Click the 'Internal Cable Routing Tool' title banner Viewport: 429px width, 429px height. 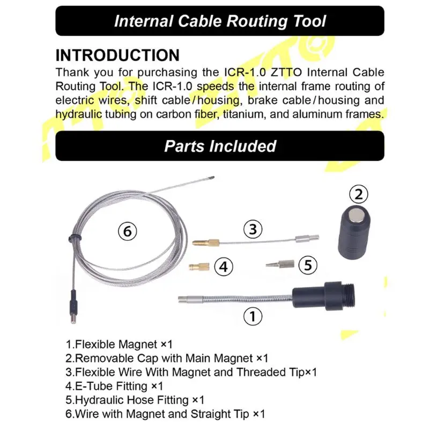220,21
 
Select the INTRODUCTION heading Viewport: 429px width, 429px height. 117,56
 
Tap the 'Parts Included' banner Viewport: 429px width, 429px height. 220,146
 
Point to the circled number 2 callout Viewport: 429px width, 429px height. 359,193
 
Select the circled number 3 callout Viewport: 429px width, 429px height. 253,230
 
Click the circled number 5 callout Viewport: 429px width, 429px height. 307,264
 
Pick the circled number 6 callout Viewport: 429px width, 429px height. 128,232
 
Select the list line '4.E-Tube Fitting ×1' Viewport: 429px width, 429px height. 114,386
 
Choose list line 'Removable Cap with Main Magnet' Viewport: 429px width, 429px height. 167,358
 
